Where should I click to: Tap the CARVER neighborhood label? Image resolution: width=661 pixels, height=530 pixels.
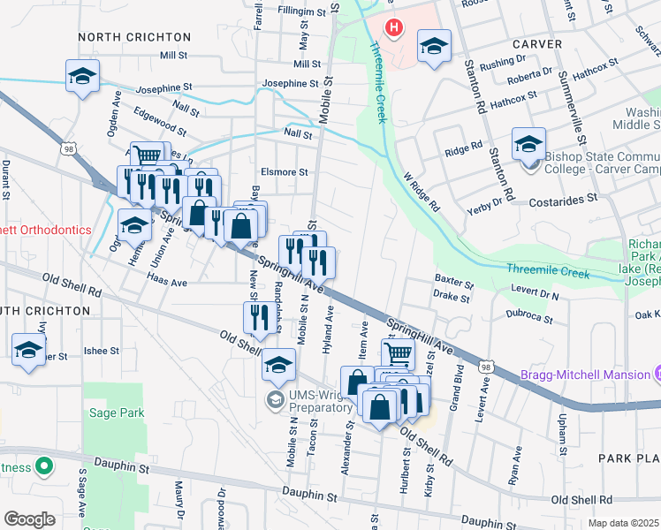tap(536, 43)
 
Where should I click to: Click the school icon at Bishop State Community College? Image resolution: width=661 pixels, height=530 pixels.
tap(528, 143)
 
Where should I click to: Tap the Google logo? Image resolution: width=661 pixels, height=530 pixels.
tap(29, 519)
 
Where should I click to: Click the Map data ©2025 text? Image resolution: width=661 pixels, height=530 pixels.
tap(624, 523)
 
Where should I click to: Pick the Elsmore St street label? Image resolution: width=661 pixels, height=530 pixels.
tap(284, 172)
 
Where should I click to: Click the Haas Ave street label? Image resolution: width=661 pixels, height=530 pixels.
tap(167, 283)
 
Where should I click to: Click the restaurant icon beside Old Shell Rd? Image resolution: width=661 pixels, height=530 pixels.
tap(257, 317)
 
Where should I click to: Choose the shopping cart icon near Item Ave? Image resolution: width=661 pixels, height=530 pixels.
tap(399, 354)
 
